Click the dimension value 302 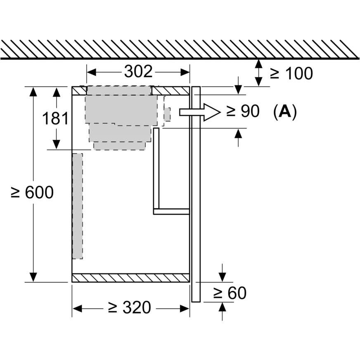coord(138,71)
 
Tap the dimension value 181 coord(55,118)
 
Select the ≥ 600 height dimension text coord(32,192)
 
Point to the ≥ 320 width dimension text coord(130,308)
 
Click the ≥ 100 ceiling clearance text coord(291,73)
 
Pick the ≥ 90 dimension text coord(243,111)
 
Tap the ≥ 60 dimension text coord(230,293)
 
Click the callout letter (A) coord(285,112)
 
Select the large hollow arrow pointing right coord(200,112)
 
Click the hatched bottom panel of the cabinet coord(130,278)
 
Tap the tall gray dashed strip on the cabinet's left coord(78,206)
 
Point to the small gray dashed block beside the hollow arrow coord(167,114)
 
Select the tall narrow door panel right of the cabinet coord(196,194)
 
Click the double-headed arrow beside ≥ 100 coord(259,73)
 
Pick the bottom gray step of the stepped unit coord(119,146)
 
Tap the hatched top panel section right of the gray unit coord(171,91)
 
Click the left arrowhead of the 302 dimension coord(91,72)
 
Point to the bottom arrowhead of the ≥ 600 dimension coord(33,277)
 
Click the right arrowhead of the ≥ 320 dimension coord(185,309)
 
